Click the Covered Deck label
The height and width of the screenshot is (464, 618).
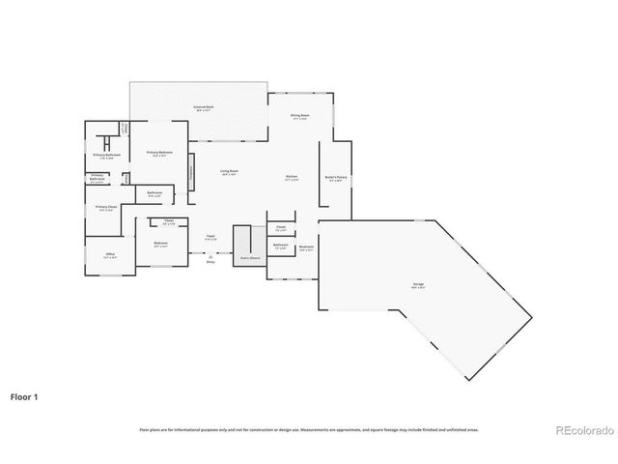click(202, 107)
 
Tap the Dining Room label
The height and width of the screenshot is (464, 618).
click(300, 116)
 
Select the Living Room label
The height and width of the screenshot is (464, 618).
click(229, 172)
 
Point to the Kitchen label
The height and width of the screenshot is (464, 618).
click(292, 177)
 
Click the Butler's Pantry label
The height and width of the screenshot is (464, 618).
click(336, 180)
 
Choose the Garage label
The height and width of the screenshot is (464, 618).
click(417, 284)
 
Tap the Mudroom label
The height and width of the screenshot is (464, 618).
click(306, 246)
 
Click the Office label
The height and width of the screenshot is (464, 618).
click(110, 255)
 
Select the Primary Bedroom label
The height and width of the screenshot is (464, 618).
click(159, 154)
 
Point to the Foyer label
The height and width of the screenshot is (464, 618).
click(210, 236)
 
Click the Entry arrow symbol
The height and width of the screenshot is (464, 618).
click(210, 256)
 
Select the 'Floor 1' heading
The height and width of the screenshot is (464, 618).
click(24, 396)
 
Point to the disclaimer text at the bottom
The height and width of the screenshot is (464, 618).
click(309, 429)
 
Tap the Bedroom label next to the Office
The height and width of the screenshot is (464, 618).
click(160, 244)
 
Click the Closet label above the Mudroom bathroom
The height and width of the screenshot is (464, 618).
click(281, 228)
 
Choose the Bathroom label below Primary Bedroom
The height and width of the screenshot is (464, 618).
click(154, 194)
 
